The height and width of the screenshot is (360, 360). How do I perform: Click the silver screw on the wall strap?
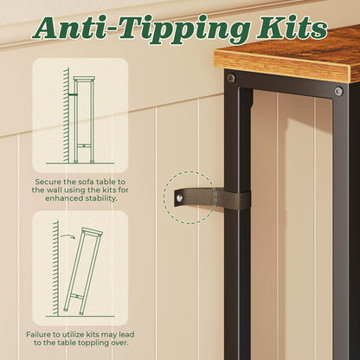pos(180,198)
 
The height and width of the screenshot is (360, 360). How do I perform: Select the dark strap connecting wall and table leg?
pos(212,198)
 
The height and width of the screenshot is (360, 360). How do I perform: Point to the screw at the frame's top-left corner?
pos(231,78)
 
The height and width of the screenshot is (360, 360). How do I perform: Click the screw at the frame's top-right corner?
pos(338,92)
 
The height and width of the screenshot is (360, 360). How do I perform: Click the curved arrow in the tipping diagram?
pos(67,236)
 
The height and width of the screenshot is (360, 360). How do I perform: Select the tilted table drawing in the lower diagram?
pos(82,271)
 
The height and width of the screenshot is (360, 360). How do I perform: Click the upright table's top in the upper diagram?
pos(84,79)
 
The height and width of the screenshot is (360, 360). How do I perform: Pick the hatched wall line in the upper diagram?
pos(67,115)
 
